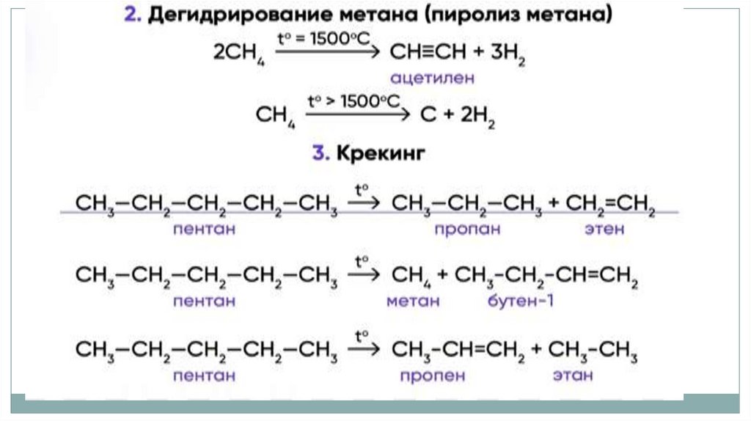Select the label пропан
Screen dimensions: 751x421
pyautogui.click(x=466, y=230)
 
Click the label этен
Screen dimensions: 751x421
pyautogui.click(x=605, y=230)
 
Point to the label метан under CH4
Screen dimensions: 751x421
pyautogui.click(x=414, y=301)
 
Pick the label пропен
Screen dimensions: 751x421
pyautogui.click(x=433, y=376)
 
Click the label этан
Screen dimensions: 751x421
pyautogui.click(x=574, y=376)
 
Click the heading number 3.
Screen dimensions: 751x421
pyautogui.click(x=318, y=155)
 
